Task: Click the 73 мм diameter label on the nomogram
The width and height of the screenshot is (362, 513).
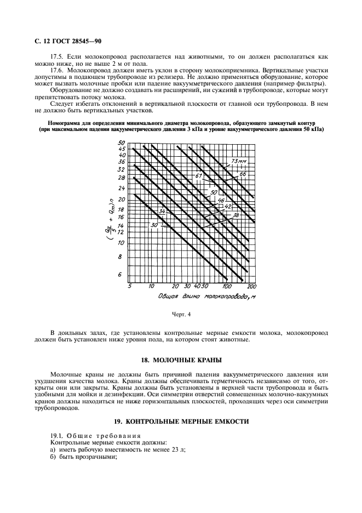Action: coord(237,161)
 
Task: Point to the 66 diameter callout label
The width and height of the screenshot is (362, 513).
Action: coord(244,174)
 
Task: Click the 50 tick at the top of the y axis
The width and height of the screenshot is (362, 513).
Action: coord(122,142)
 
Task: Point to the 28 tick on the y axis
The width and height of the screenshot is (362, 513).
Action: coord(121,178)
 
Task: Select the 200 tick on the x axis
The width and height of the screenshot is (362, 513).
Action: coord(252,287)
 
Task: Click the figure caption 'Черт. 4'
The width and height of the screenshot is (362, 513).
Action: coord(181,315)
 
